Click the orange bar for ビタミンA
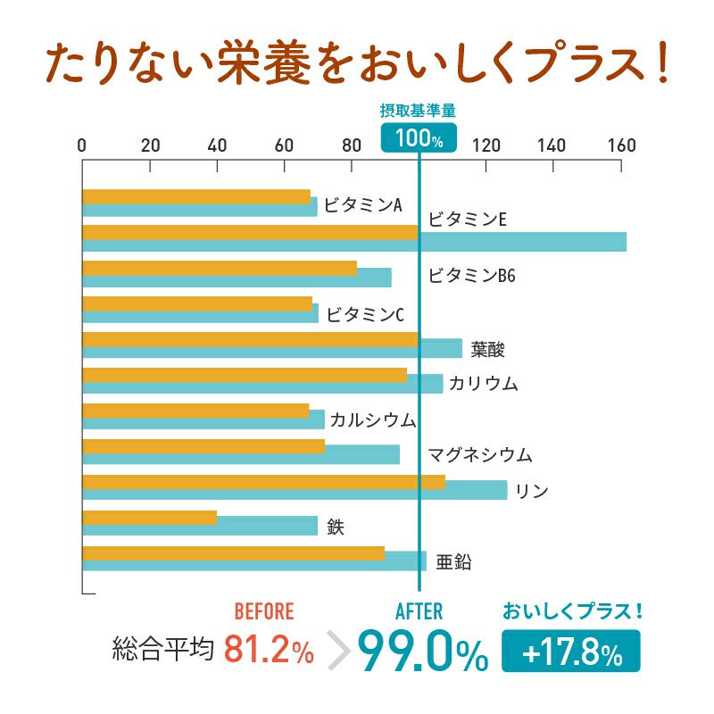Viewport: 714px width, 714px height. pos(196,197)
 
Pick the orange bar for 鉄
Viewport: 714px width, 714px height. pos(149,518)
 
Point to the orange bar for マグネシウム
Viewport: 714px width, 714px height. pos(203,446)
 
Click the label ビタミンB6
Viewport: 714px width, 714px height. pos(471,276)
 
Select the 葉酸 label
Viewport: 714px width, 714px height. pos(488,348)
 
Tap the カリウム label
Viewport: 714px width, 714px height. pos(483,384)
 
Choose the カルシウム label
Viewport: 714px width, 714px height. pos(373,419)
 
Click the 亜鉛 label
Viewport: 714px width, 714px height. pos(453,562)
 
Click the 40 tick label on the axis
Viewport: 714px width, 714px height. pos(217,145)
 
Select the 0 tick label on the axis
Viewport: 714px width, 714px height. pos(82,145)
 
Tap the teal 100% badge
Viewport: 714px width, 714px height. pos(419,137)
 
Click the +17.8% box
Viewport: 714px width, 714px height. pos(571,652)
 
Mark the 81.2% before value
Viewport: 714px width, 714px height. pos(269,651)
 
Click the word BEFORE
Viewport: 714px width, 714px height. pos(263,611)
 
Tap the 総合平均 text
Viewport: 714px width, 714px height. pos(163,649)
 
